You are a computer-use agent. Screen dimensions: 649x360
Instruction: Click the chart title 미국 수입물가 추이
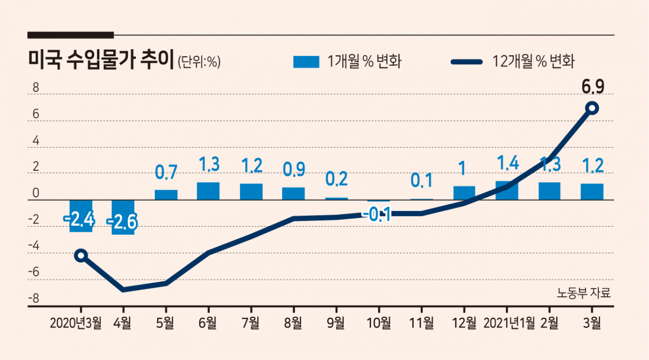tap(100, 60)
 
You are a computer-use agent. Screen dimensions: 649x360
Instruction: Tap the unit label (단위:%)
tap(199, 61)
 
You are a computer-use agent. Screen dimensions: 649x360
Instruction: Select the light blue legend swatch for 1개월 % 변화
tap(306, 62)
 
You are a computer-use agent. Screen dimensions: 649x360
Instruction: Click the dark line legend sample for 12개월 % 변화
tap(467, 62)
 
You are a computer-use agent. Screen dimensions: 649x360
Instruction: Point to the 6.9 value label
tap(593, 87)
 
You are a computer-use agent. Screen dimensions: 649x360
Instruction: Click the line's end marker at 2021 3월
tap(592, 108)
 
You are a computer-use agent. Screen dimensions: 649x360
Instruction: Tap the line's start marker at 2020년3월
tap(81, 256)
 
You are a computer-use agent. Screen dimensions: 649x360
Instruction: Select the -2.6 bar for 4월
tap(123, 217)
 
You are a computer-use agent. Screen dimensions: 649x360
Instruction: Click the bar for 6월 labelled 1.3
tap(208, 191)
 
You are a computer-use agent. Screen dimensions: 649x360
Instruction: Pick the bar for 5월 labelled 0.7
tap(166, 195)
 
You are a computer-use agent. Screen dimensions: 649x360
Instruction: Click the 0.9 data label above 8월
tap(294, 169)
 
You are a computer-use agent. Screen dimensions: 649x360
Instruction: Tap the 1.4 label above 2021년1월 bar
tap(508, 163)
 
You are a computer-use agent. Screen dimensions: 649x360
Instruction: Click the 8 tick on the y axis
tap(35, 87)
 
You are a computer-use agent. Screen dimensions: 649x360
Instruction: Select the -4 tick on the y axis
tap(33, 246)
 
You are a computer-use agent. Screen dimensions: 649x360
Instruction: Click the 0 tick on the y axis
tap(35, 193)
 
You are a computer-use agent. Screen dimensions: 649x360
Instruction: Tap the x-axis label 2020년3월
tap(76, 323)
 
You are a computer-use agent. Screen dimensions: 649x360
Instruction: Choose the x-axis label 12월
tap(464, 323)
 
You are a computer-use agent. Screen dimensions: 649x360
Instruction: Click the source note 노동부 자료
tap(584, 293)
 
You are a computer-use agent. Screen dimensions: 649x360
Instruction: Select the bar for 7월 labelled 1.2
tap(251, 192)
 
